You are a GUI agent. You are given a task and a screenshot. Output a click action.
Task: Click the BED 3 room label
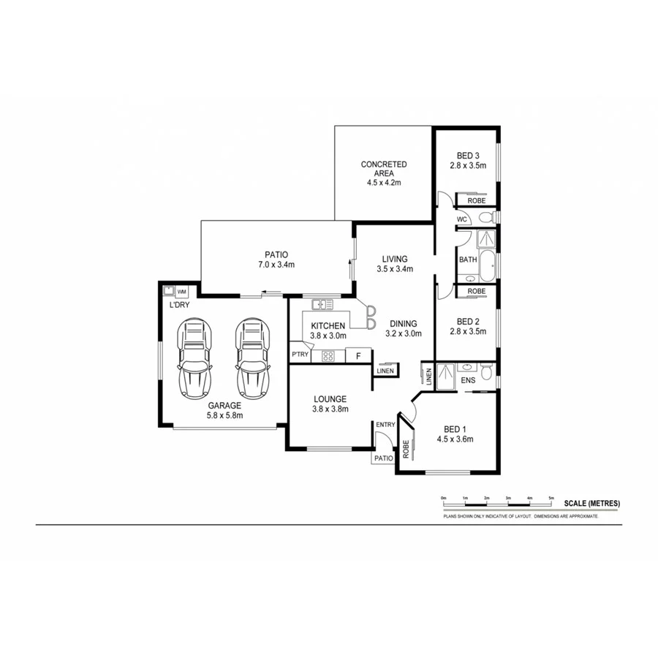pyautogui.click(x=468, y=155)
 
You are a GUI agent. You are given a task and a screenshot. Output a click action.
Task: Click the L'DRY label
pyautogui.click(x=179, y=305)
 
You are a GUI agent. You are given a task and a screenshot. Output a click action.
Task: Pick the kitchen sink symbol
pyautogui.click(x=322, y=303)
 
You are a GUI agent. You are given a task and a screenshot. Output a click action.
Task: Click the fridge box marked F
pyautogui.click(x=358, y=356)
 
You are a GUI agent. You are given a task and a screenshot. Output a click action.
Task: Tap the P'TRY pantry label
pyautogui.click(x=300, y=355)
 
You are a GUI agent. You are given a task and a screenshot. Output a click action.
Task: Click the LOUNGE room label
pyautogui.click(x=330, y=399)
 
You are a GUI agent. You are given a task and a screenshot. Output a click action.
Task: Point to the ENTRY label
pyautogui.click(x=385, y=425)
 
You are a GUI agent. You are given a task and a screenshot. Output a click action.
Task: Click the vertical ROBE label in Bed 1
pyautogui.click(x=405, y=449)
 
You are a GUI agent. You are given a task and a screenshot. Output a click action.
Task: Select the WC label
pyautogui.click(x=461, y=219)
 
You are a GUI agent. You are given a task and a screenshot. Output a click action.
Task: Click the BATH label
pyautogui.click(x=468, y=260)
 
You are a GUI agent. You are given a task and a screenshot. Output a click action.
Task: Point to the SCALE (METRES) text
pyautogui.click(x=591, y=503)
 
